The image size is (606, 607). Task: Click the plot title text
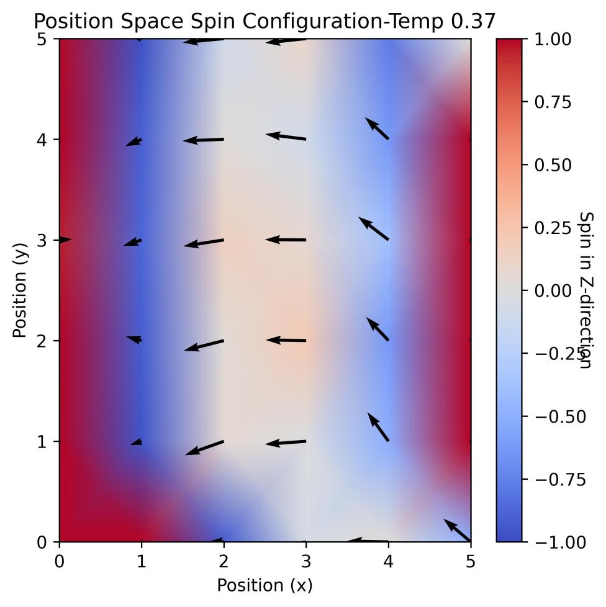(x=265, y=21)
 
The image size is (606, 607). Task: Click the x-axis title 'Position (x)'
(x=265, y=585)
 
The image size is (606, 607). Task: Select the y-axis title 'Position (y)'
(x=20, y=290)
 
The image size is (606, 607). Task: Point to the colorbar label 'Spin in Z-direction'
(x=586, y=290)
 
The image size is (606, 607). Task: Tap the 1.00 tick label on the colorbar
(x=553, y=39)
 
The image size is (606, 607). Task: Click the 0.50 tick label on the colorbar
(x=553, y=165)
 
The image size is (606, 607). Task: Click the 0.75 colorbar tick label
(x=553, y=102)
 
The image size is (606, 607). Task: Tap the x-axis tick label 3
(x=306, y=560)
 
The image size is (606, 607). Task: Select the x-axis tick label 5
(x=471, y=560)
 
